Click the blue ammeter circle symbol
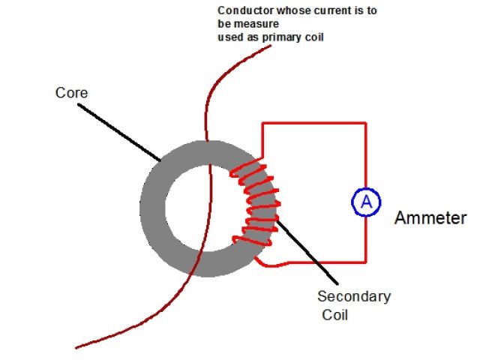click(367, 201)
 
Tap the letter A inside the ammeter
click(367, 201)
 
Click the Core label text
click(72, 93)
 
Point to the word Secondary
click(354, 296)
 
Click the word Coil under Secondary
click(335, 315)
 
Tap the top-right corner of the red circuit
click(366, 122)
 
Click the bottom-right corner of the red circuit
click(366, 262)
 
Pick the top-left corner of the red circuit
click(262, 122)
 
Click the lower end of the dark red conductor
click(77, 347)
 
